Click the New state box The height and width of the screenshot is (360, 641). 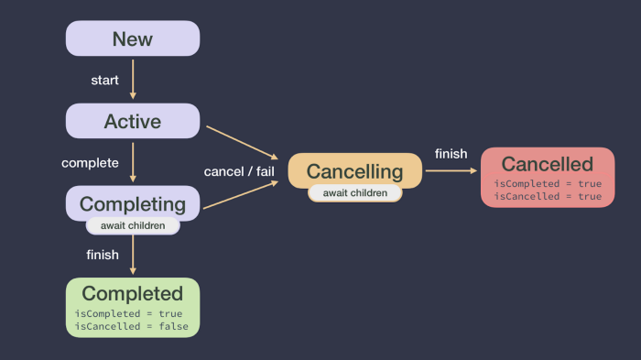(133, 38)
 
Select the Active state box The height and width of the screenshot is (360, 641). (133, 121)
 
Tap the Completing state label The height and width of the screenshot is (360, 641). (133, 202)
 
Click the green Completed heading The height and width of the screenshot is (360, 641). (133, 293)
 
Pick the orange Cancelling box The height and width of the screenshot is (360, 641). (354, 170)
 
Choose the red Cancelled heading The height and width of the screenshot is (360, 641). (548, 164)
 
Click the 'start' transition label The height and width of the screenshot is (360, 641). (104, 81)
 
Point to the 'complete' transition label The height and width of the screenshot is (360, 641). (90, 163)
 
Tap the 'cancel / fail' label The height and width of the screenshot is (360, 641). (239, 172)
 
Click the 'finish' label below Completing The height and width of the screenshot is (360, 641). (103, 255)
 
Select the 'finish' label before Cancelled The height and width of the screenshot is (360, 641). (451, 154)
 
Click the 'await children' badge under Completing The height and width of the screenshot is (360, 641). (133, 225)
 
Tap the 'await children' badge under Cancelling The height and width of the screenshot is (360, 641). (354, 193)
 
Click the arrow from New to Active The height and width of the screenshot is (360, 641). (133, 79)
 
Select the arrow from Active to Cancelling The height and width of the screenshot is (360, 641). (242, 142)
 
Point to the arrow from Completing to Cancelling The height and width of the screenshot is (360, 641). (240, 195)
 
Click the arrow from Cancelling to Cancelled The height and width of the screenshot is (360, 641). (451, 170)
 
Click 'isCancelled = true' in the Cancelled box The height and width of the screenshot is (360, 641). (548, 196)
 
